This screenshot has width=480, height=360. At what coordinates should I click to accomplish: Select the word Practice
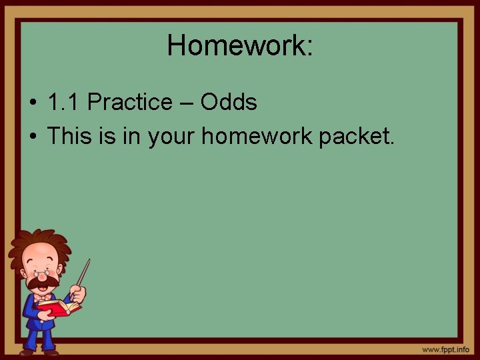click(129, 103)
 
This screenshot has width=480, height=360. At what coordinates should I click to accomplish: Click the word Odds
click(229, 103)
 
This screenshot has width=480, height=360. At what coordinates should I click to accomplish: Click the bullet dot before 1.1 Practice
click(33, 104)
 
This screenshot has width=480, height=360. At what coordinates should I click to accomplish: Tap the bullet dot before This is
click(33, 137)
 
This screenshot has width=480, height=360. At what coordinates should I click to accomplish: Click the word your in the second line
click(172, 137)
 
